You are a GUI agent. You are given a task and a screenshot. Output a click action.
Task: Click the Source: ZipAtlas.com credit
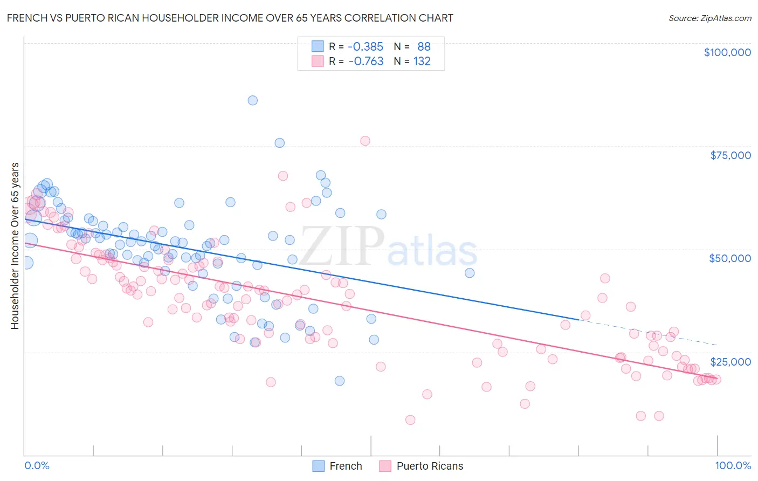point(709,18)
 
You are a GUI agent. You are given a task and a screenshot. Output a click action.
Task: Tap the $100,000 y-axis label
point(727,52)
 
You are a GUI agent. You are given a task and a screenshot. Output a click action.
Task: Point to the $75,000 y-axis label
point(730,155)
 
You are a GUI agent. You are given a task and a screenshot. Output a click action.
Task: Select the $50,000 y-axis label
point(729,258)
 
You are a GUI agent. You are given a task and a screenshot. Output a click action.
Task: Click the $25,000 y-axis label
point(730,361)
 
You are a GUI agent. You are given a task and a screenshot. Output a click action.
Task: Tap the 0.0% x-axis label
point(37,465)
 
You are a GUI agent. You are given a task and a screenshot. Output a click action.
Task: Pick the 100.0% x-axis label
point(733,465)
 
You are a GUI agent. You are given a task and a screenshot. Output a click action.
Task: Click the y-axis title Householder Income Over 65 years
point(15,246)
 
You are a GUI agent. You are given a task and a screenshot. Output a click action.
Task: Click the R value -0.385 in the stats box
point(366,46)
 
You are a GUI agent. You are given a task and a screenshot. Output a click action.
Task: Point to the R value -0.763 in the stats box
point(366,61)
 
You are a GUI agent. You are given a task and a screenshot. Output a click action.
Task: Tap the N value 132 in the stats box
point(422,61)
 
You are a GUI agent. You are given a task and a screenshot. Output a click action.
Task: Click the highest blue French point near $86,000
point(252,100)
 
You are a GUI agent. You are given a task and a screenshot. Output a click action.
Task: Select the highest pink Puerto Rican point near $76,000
point(365,141)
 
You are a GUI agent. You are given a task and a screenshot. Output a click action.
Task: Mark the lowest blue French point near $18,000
point(340,381)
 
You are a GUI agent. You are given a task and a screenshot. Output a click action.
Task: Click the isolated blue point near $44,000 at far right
point(470,273)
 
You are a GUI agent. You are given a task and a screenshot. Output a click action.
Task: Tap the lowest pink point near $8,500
point(410,420)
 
